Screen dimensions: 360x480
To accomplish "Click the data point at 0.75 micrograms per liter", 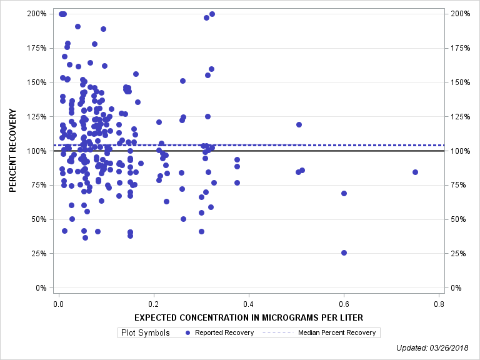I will [x=415, y=172].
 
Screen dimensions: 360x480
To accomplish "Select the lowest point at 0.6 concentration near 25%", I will [x=344, y=252].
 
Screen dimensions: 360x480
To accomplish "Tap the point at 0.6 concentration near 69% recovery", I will [x=344, y=193].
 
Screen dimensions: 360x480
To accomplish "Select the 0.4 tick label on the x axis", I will [x=249, y=304].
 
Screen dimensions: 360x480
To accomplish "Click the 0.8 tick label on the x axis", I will [x=439, y=304].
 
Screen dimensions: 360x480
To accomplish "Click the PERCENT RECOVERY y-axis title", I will [x=12, y=151].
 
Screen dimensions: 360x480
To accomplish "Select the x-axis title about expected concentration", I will [x=249, y=317].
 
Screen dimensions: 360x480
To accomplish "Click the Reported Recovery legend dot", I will [x=189, y=333].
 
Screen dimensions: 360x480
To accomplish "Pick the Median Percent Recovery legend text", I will [x=337, y=333].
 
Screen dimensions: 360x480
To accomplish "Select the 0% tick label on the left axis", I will [x=40, y=288].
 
